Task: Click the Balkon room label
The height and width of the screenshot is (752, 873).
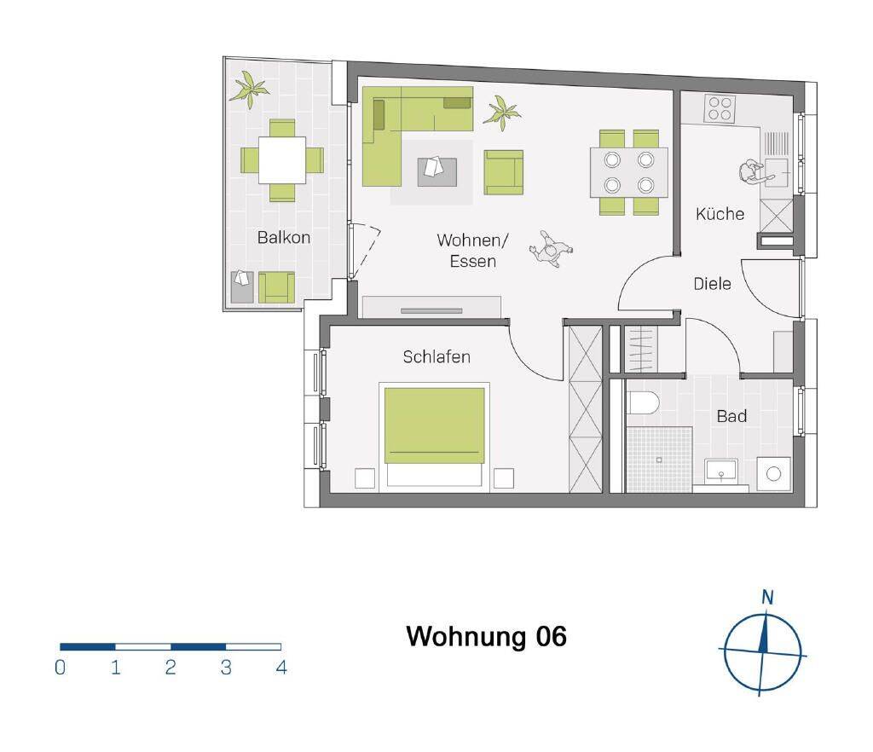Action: point(283,238)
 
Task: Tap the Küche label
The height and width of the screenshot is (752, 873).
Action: point(720,214)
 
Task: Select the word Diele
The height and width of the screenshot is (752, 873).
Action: point(712,284)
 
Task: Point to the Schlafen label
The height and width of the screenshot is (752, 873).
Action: point(436,356)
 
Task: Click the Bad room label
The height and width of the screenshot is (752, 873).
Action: point(731,416)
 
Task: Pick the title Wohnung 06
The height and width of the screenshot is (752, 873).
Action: point(487,636)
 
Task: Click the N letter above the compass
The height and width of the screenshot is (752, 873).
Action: point(767,598)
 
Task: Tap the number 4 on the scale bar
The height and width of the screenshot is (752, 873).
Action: point(281,667)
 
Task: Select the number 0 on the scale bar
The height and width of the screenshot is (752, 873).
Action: point(61,667)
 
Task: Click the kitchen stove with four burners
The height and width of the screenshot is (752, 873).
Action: point(720,108)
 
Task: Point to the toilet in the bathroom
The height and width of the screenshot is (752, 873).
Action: point(643,402)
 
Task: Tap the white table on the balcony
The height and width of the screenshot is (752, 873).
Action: point(282,160)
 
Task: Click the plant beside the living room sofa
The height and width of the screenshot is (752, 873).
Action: point(501,113)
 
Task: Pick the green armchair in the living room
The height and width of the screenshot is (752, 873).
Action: point(503,172)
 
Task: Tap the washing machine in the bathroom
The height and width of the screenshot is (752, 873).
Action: point(774,474)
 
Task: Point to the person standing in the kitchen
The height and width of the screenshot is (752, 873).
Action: point(754,171)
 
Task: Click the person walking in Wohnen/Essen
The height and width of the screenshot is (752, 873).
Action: point(550,249)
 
